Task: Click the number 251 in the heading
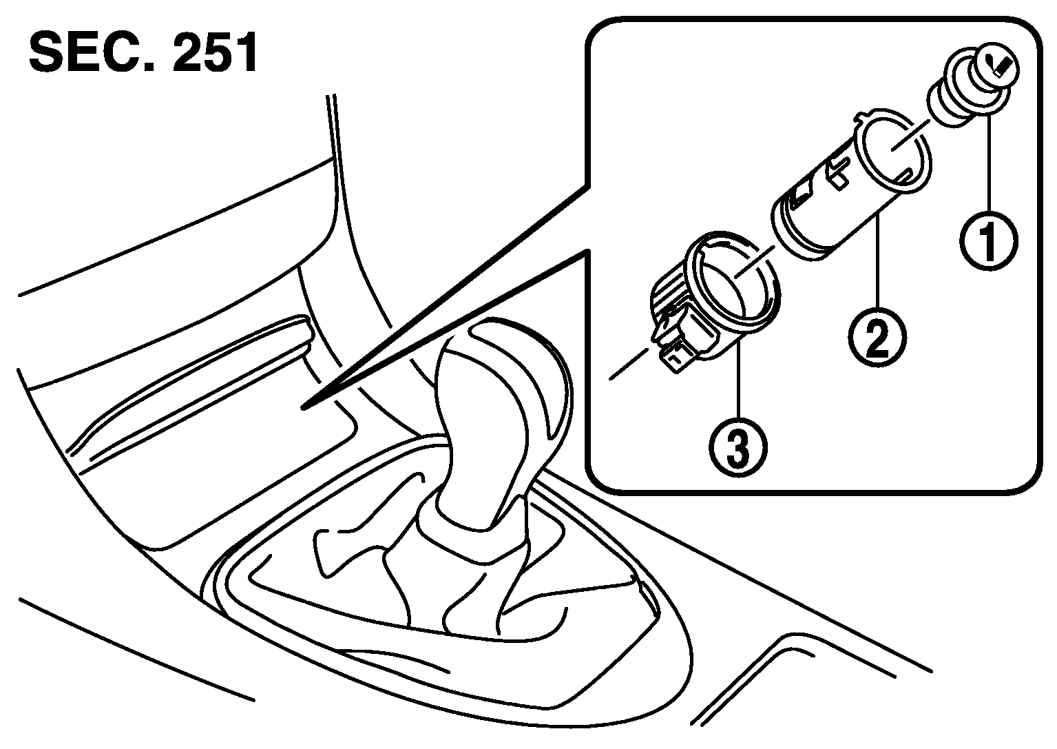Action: click(215, 52)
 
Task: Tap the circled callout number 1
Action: click(989, 241)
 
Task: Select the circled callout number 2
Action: click(878, 337)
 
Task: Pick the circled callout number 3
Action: click(738, 447)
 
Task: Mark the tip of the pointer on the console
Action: click(303, 407)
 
